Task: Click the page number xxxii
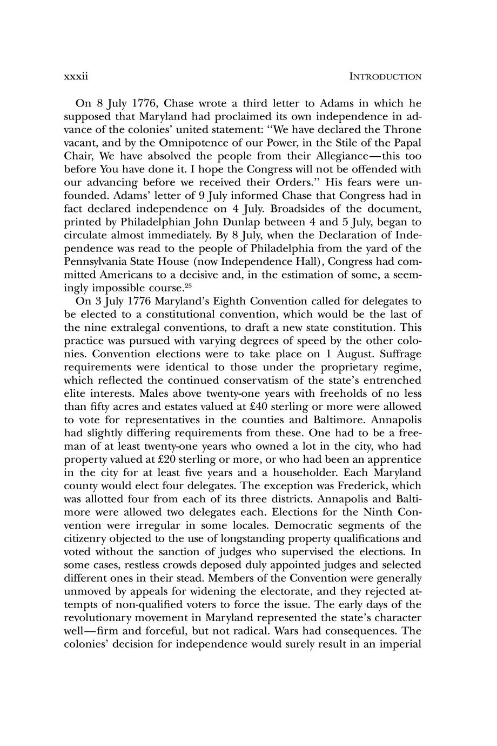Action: pos(76,76)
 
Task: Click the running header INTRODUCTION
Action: pos(385,77)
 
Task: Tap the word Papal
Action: pos(406,143)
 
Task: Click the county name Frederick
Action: pos(362,485)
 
